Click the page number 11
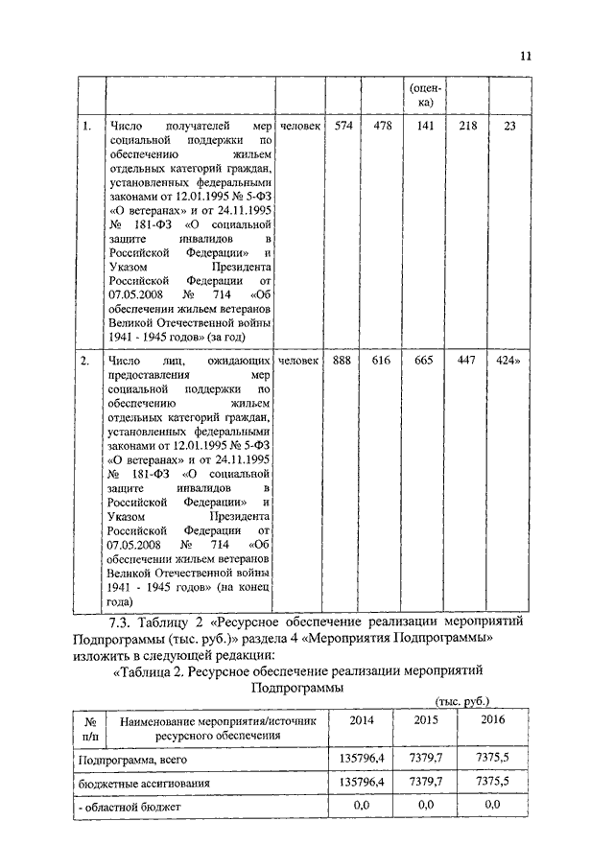[525, 56]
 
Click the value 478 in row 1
[382, 127]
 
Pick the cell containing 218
[468, 127]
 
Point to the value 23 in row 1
[509, 127]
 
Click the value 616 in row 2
[382, 361]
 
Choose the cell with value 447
[468, 361]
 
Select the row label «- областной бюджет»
[130, 807]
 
